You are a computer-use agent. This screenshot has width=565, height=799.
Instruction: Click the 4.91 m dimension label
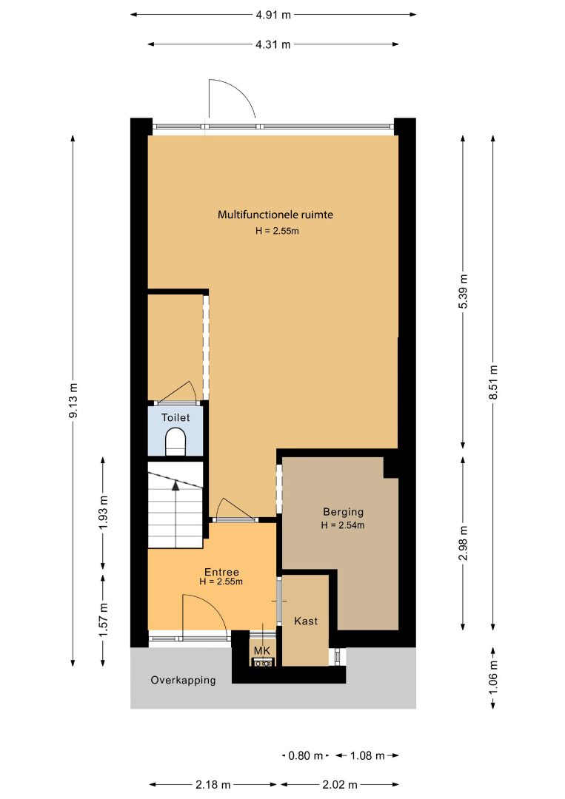273,15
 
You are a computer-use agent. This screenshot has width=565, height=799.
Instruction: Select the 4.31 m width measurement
273,44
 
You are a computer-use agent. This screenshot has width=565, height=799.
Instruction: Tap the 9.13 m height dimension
73,400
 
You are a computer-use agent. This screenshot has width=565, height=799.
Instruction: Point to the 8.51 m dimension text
493,382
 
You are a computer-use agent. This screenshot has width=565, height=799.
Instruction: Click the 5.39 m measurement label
463,291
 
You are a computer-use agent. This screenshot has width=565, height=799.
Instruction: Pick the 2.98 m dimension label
463,543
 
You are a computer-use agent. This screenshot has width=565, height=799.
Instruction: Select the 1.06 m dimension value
493,676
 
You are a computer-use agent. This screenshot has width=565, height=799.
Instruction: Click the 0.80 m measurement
305,755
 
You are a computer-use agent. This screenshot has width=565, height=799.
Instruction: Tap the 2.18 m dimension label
213,785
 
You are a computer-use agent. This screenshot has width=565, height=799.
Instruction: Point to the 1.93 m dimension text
104,512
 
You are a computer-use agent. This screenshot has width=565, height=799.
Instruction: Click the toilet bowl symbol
176,441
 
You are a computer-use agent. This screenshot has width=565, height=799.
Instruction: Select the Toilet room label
175,417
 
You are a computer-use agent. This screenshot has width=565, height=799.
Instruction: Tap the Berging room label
343,512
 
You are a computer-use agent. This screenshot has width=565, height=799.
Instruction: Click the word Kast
306,621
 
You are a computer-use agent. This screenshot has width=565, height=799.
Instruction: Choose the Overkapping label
183,681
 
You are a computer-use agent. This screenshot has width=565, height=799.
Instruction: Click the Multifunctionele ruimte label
275,215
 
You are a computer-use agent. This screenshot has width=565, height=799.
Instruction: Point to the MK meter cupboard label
262,651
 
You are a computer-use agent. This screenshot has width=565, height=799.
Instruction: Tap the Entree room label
222,572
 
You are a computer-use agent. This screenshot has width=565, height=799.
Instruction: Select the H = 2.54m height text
343,525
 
